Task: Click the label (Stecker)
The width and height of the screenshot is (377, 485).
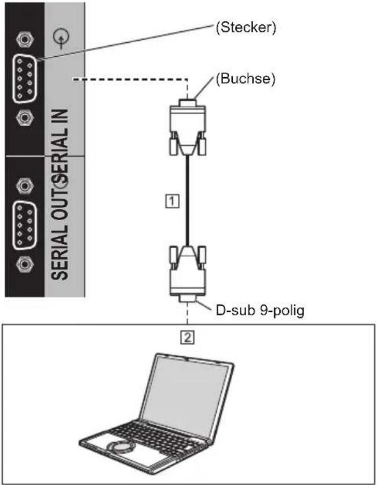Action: click(246, 28)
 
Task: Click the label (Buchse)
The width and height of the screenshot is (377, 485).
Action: click(246, 79)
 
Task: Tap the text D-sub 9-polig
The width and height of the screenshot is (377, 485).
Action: click(260, 310)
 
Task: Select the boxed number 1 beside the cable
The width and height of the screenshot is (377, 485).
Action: click(172, 201)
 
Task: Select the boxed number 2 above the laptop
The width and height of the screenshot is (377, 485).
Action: click(188, 337)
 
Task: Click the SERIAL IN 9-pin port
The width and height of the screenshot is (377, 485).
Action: click(25, 78)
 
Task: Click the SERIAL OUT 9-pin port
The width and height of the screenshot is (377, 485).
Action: click(25, 225)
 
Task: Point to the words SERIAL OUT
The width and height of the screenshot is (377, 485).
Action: click(60, 231)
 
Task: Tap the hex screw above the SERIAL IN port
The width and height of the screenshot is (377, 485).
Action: click(25, 39)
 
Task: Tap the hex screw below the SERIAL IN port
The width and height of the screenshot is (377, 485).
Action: click(25, 118)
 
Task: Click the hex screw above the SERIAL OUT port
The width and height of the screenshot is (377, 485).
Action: click(25, 185)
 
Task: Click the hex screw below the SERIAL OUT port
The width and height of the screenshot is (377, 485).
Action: click(25, 264)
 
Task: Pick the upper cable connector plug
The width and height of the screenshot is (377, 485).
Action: click(188, 127)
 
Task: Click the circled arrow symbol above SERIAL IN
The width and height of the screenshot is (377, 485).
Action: click(61, 38)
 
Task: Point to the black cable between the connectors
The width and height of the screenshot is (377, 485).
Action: click(187, 200)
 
